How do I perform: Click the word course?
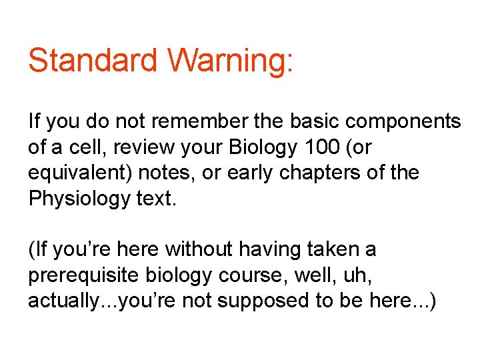(248, 275)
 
